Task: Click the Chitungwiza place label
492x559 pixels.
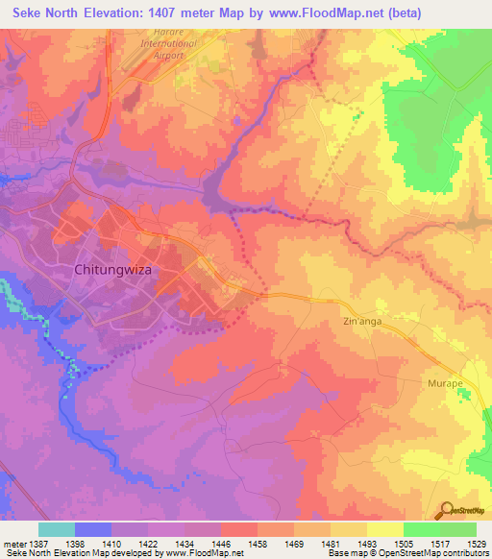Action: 113,271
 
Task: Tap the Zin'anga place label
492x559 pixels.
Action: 363,323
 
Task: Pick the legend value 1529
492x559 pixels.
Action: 474,544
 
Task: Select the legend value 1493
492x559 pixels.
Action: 367,544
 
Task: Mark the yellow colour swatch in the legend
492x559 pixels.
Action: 384,529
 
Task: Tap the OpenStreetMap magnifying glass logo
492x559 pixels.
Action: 447,510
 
